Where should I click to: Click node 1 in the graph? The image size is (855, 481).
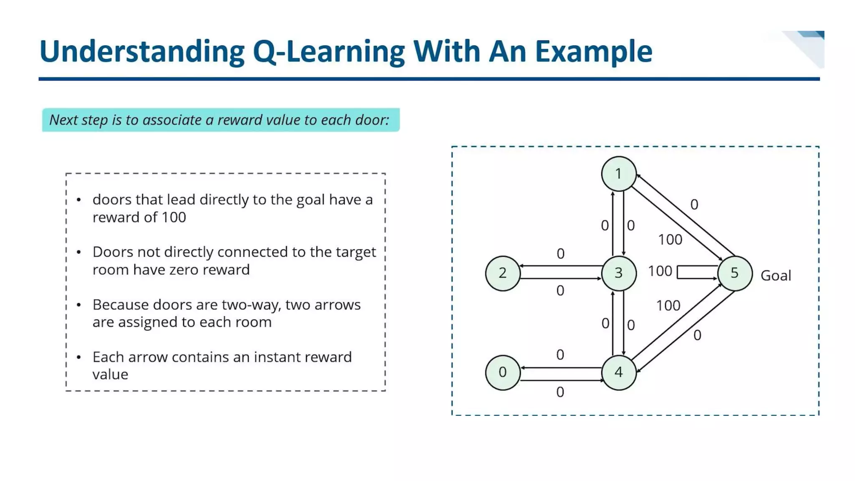618,174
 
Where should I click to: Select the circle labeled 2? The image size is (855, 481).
503,273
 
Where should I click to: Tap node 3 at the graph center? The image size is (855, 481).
619,273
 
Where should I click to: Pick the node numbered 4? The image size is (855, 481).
619,372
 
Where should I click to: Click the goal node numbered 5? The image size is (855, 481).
734,273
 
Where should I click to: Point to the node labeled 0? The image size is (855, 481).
503,372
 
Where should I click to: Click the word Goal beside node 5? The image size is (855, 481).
776,276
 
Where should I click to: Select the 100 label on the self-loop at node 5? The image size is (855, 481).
660,271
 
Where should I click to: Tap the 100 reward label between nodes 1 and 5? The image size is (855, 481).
670,240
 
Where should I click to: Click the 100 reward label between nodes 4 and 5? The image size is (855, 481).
668,306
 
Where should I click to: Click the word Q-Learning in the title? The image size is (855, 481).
329,52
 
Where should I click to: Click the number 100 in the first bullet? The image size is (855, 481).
174,218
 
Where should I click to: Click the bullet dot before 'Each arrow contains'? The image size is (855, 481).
79,357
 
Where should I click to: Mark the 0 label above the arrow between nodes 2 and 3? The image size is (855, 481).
560,254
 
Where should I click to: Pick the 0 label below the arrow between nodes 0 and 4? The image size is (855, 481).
560,392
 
